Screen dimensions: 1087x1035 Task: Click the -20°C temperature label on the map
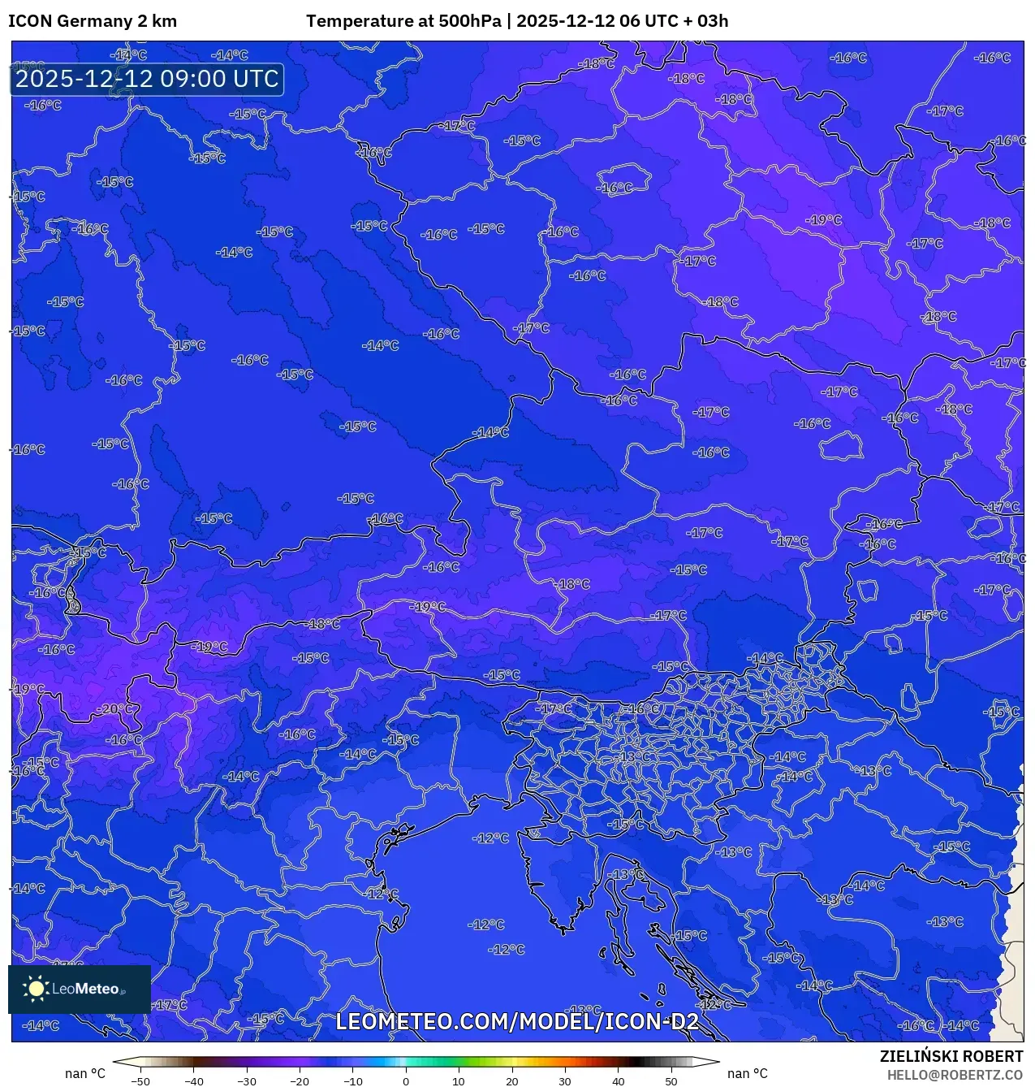pyautogui.click(x=114, y=709)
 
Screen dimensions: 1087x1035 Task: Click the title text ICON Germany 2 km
pyautogui.click(x=93, y=21)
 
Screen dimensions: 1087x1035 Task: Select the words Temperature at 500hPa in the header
pyautogui.click(x=403, y=21)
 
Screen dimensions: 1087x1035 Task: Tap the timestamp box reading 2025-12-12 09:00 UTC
pyautogui.click(x=147, y=80)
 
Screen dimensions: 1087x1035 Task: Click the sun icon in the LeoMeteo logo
pyautogui.click(x=36, y=989)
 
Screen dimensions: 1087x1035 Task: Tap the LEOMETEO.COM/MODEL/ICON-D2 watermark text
pyautogui.click(x=517, y=1021)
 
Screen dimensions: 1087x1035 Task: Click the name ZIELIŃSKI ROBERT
pyautogui.click(x=951, y=1056)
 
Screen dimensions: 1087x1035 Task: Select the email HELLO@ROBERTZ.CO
pyautogui.click(x=955, y=1075)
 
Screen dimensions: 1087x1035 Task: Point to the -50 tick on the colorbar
pyautogui.click(x=140, y=1081)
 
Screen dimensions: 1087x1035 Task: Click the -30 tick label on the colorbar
pyautogui.click(x=247, y=1081)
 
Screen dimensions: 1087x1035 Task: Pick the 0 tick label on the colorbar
pyautogui.click(x=406, y=1081)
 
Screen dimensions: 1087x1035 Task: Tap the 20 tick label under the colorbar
pyautogui.click(x=511, y=1081)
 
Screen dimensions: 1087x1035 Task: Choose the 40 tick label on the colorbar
pyautogui.click(x=618, y=1081)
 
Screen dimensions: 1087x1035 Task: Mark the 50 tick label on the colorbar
pyautogui.click(x=671, y=1081)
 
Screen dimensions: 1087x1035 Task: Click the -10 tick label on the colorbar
pyautogui.click(x=352, y=1081)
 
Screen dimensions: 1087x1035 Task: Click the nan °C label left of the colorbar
pyautogui.click(x=85, y=1074)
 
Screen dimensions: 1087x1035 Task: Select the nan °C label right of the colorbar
pyautogui.click(x=747, y=1074)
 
